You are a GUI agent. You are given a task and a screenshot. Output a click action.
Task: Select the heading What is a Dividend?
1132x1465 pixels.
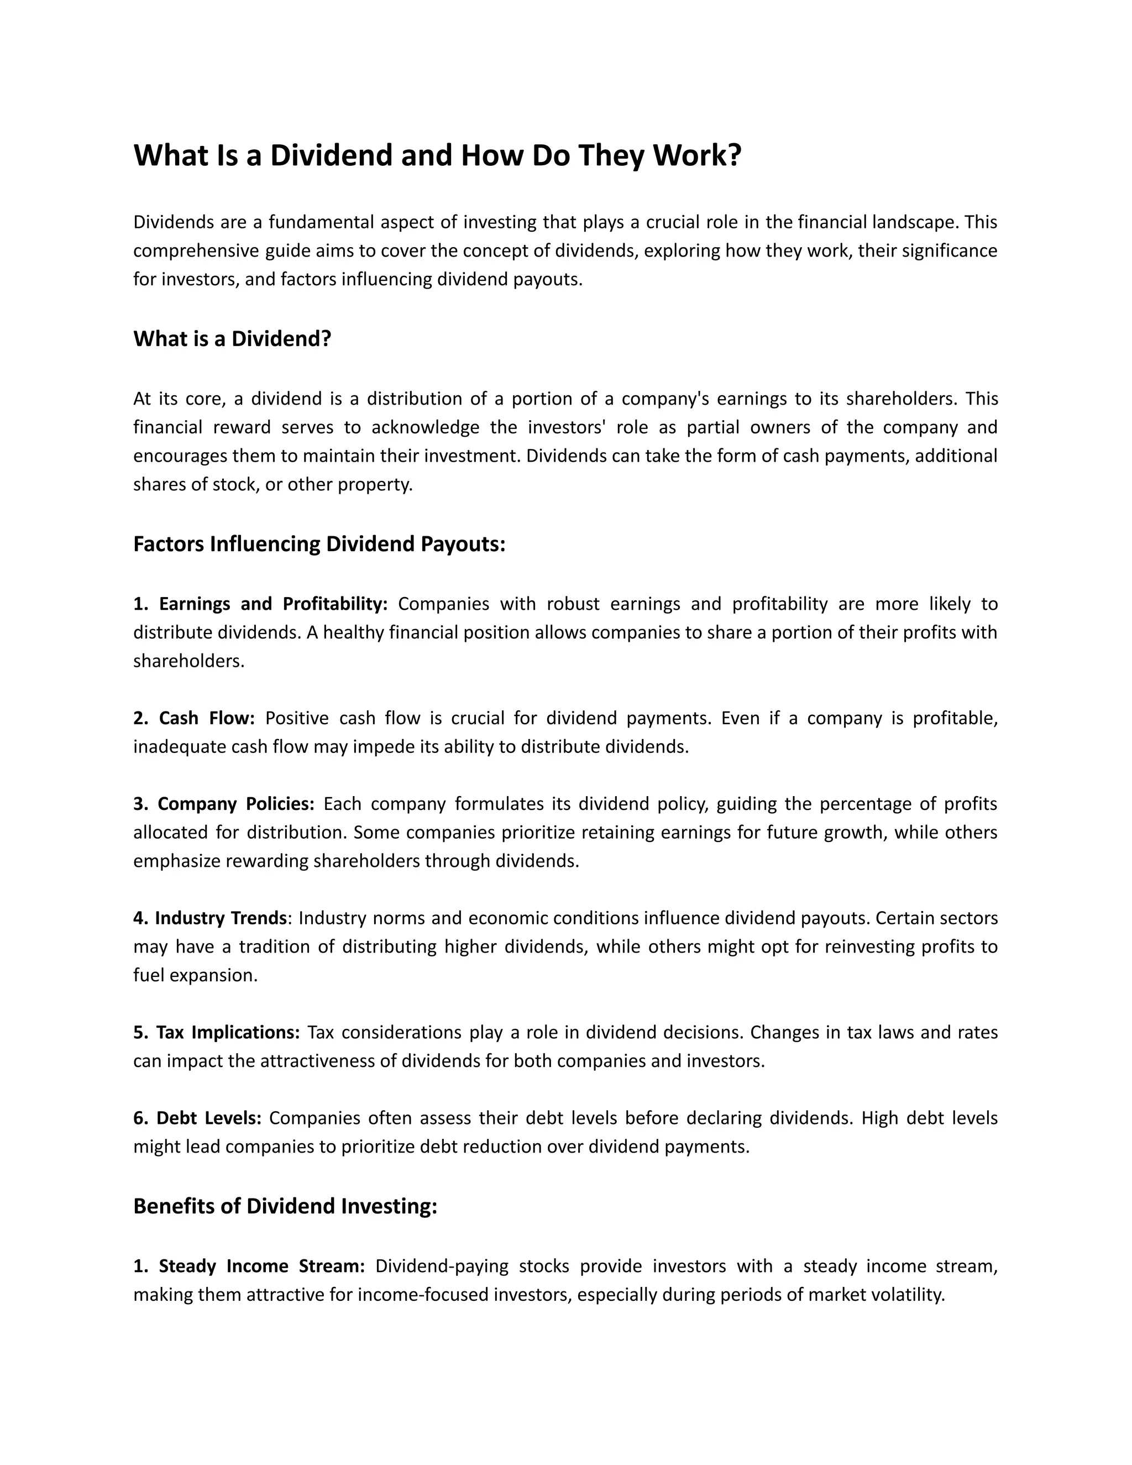[232, 339]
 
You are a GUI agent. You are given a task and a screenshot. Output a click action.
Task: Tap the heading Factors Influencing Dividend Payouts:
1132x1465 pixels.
[319, 544]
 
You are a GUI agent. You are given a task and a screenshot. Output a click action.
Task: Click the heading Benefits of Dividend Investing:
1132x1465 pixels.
[285, 1206]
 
